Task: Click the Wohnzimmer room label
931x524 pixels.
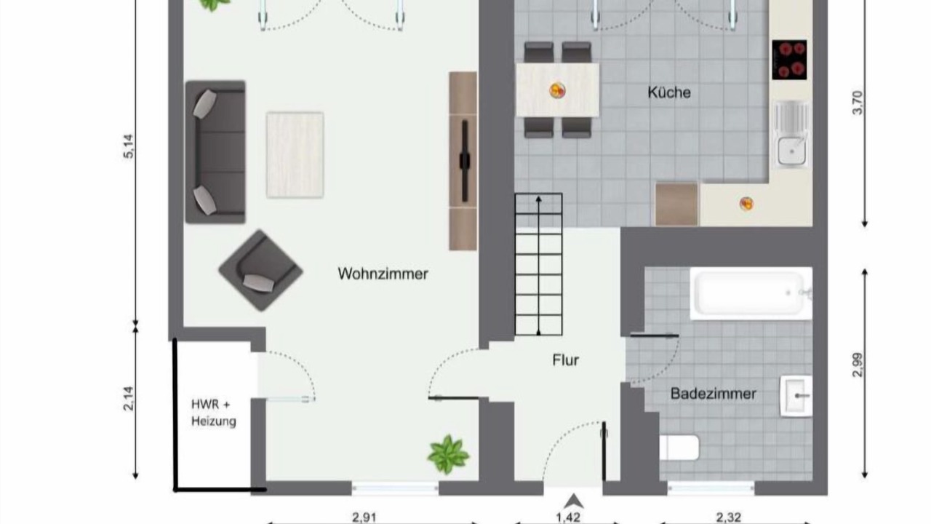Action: (x=383, y=274)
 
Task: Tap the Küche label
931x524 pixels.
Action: (x=669, y=92)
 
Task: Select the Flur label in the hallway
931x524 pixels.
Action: (x=566, y=360)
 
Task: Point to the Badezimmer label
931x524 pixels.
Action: (x=714, y=394)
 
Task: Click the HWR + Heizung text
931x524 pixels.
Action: (x=213, y=413)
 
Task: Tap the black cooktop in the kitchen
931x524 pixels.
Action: (x=789, y=60)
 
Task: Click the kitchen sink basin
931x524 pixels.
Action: (x=791, y=151)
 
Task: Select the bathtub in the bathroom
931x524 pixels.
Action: (x=751, y=293)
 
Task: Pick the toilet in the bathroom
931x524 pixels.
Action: (x=679, y=448)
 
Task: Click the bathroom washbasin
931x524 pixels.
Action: (x=796, y=396)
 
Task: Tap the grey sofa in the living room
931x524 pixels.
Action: (x=215, y=152)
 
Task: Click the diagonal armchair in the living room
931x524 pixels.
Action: (x=260, y=271)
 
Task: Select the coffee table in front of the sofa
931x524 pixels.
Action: (x=295, y=155)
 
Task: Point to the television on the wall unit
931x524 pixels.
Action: (x=465, y=161)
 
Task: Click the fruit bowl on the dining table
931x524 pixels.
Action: (x=557, y=90)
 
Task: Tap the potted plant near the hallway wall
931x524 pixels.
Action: (x=448, y=455)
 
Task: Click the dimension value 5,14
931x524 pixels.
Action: (x=129, y=146)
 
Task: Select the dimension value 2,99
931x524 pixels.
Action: (x=857, y=365)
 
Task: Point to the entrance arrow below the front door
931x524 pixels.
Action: (x=574, y=501)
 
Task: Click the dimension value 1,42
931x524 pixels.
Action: (x=568, y=517)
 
